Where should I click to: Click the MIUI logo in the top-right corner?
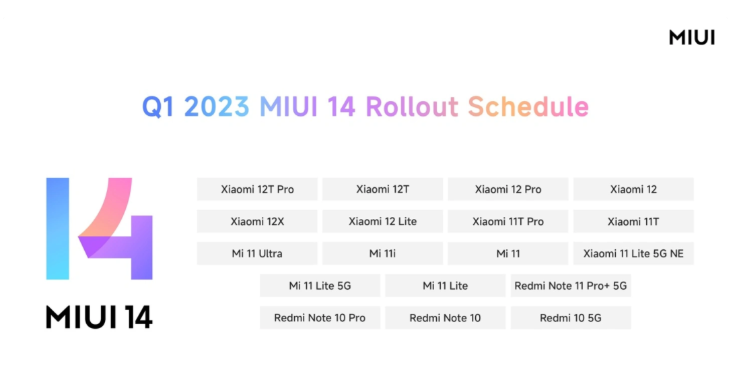(x=692, y=37)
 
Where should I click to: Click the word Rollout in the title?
(x=412, y=106)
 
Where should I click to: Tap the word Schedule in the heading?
(x=528, y=106)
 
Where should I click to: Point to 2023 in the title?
(x=216, y=106)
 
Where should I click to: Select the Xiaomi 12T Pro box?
(x=257, y=189)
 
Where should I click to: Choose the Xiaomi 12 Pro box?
(x=507, y=189)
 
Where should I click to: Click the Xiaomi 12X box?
(x=257, y=221)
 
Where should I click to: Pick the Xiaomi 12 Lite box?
(x=382, y=221)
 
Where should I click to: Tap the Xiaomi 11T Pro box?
(x=507, y=221)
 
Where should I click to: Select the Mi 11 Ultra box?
(x=257, y=253)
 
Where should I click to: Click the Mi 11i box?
(x=382, y=253)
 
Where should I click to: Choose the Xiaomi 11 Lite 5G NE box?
(x=633, y=253)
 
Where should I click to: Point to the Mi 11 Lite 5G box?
(x=320, y=286)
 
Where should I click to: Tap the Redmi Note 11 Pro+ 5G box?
(x=571, y=286)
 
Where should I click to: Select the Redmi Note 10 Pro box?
(x=320, y=317)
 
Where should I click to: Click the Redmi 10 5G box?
(x=571, y=317)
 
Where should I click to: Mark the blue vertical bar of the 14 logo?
(x=58, y=228)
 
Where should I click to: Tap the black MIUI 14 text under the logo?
(x=99, y=317)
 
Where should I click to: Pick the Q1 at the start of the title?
(x=158, y=107)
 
